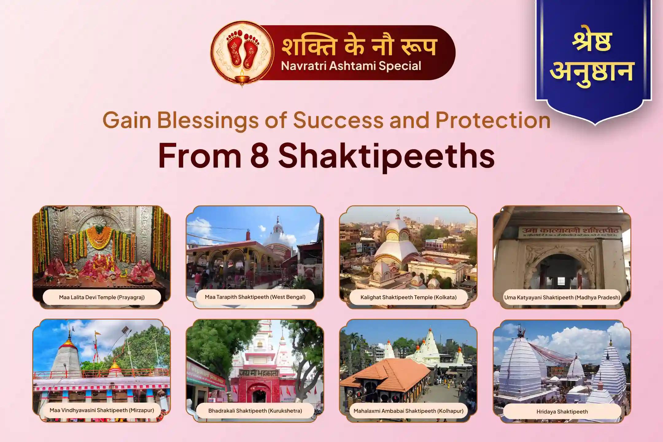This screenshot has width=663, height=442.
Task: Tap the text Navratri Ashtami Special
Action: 351,66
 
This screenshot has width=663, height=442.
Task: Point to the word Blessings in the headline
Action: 208,120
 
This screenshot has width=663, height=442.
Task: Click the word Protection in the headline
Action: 493,120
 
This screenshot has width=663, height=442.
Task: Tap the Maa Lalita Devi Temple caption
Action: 102,297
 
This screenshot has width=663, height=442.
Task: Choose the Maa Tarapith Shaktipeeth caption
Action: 255,297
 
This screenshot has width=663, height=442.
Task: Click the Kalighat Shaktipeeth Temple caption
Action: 408,297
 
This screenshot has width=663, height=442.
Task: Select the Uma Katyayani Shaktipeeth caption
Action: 562,297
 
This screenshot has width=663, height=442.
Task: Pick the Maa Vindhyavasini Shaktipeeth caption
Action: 102,410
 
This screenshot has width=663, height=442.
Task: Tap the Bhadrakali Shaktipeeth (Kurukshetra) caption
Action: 255,411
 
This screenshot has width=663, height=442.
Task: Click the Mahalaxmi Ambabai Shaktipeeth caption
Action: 408,411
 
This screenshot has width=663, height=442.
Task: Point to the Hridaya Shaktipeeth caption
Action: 562,412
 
